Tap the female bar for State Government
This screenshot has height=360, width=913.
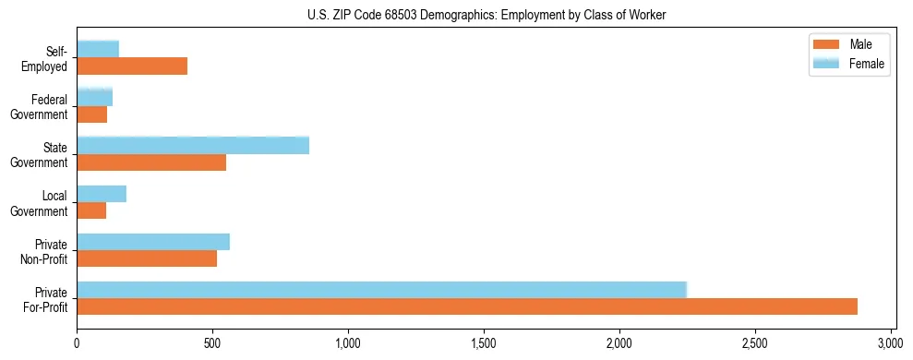(193, 145)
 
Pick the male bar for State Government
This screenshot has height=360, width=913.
(151, 162)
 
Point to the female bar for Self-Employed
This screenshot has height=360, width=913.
(98, 49)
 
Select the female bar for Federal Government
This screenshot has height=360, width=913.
(95, 97)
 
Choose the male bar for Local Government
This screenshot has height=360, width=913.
(91, 210)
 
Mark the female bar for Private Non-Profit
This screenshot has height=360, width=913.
(153, 242)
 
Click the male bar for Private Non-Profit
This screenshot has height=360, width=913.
(147, 258)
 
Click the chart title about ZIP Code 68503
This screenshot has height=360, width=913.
(486, 16)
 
